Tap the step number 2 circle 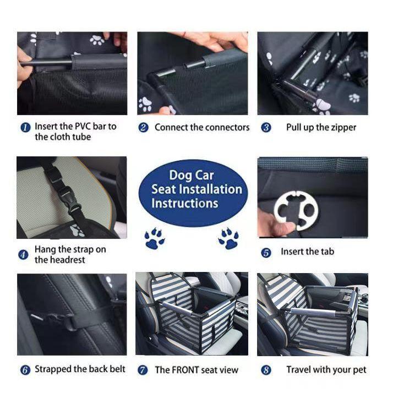click(143, 128)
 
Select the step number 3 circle click(266, 128)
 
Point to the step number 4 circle click(23, 255)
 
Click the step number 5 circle click(266, 253)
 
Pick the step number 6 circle click(25, 370)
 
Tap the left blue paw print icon click(155, 238)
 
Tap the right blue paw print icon click(228, 238)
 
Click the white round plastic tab click(296, 210)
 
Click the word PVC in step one click(83, 127)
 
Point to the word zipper click(343, 128)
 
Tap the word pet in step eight click(359, 370)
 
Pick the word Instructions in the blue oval click(184, 203)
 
